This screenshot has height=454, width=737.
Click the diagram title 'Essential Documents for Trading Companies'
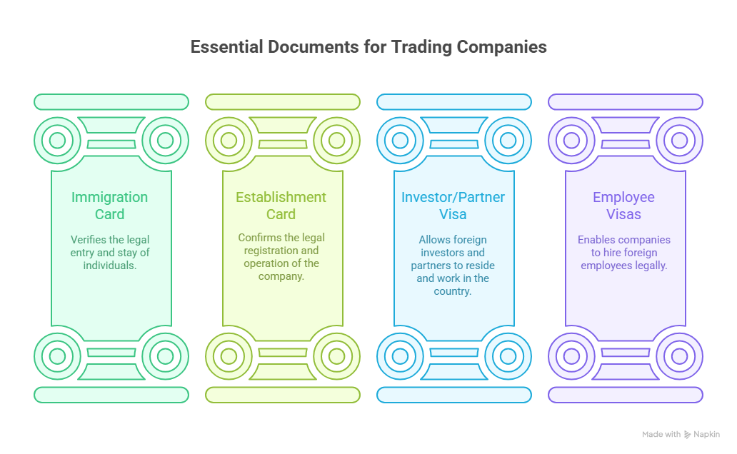point(368,47)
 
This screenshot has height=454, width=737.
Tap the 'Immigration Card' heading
point(109,206)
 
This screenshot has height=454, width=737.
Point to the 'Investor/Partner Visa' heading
point(453,206)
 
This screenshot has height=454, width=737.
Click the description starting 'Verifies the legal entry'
point(110,252)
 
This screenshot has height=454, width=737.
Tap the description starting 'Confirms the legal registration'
point(281,256)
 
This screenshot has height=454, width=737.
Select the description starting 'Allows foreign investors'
point(453,266)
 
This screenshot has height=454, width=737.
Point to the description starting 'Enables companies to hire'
point(624,252)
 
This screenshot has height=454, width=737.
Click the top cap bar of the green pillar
point(111,102)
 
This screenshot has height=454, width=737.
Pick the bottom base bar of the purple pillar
point(626,395)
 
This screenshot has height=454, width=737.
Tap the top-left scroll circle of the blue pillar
point(400,140)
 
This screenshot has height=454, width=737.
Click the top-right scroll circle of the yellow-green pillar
point(336,140)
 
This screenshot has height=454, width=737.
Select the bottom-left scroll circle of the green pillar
point(57,355)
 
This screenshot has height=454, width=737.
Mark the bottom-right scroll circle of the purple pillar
point(679,355)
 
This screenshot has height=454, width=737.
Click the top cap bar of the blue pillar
point(454,102)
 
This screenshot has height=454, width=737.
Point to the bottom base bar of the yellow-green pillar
point(283,395)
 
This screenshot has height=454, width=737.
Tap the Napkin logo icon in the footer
point(687,434)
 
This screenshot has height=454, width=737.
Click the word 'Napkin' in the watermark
point(706,434)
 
